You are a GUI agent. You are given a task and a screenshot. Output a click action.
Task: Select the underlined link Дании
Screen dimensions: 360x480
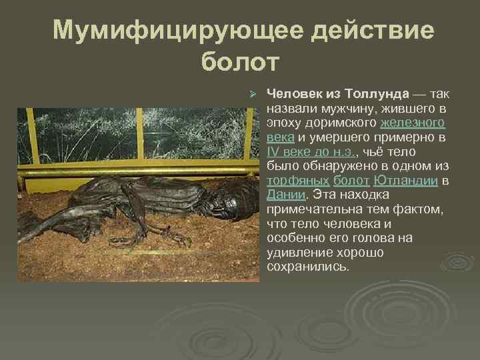tap(285, 195)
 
